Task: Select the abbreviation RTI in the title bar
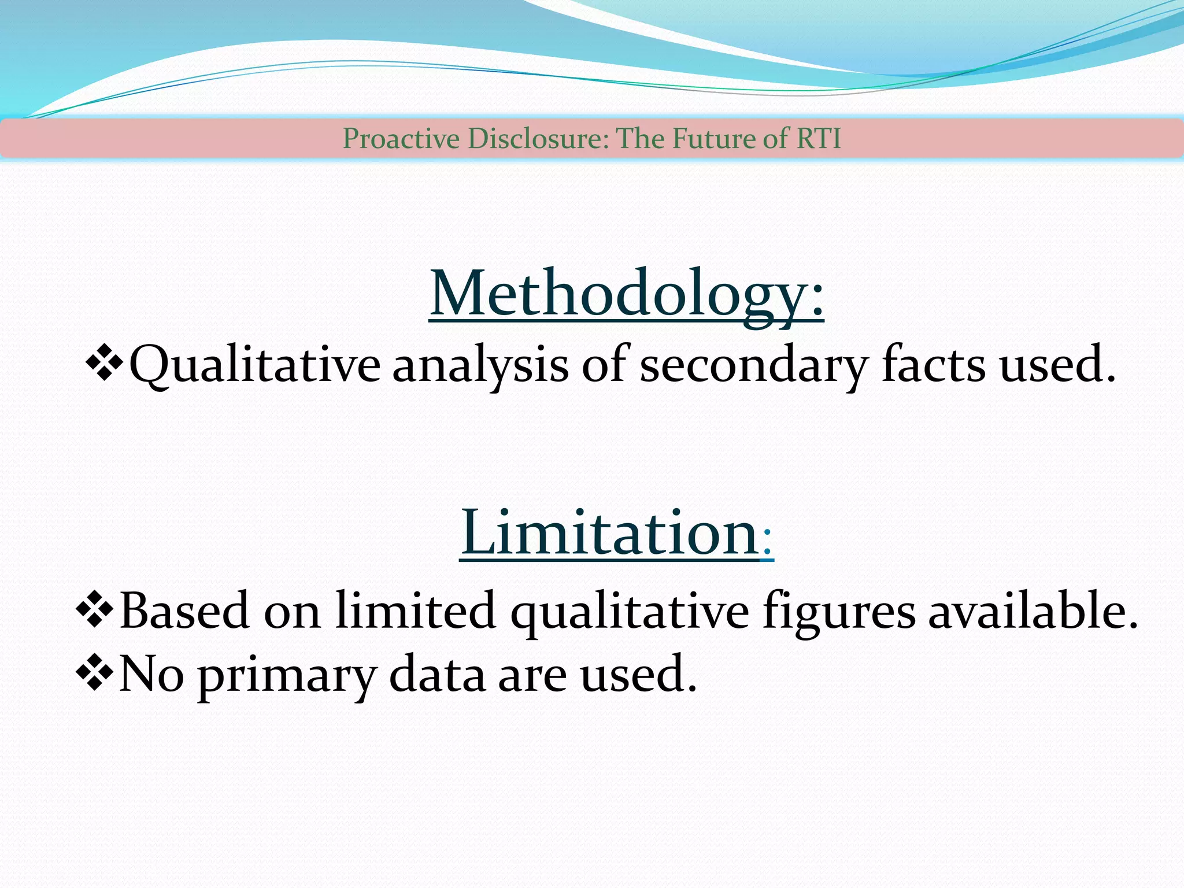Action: pyautogui.click(x=819, y=139)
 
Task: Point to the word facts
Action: pyautogui.click(x=933, y=365)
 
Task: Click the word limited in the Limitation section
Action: pyautogui.click(x=416, y=610)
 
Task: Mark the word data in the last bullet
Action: pyautogui.click(x=436, y=674)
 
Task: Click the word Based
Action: pyautogui.click(x=184, y=610)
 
